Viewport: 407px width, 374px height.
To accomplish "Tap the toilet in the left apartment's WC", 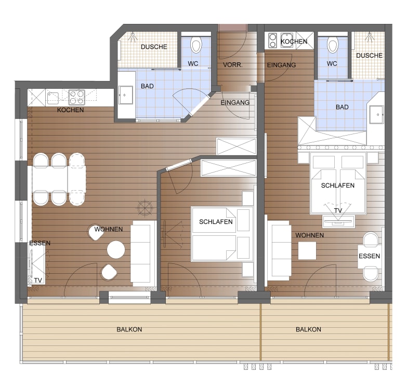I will point(196,45).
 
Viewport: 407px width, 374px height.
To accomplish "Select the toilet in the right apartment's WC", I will point(333,45).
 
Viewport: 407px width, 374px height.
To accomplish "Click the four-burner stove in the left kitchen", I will point(77,97).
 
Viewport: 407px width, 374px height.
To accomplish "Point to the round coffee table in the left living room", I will point(116,250).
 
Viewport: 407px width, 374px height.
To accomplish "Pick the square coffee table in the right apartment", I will point(307,250).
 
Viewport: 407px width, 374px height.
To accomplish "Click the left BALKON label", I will point(129,329).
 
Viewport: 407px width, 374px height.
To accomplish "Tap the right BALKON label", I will point(308,329).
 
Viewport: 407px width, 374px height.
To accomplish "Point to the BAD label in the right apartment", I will point(342,107).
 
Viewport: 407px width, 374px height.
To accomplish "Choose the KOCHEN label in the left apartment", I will point(70,110).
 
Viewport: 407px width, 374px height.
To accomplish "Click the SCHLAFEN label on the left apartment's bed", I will point(216,222).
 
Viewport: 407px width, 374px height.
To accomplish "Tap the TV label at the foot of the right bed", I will point(338,210).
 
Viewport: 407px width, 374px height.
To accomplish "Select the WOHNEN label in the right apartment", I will point(309,235).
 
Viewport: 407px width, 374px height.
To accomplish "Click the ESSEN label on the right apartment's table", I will point(369,256).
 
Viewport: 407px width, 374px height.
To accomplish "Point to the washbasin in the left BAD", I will point(126,95).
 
